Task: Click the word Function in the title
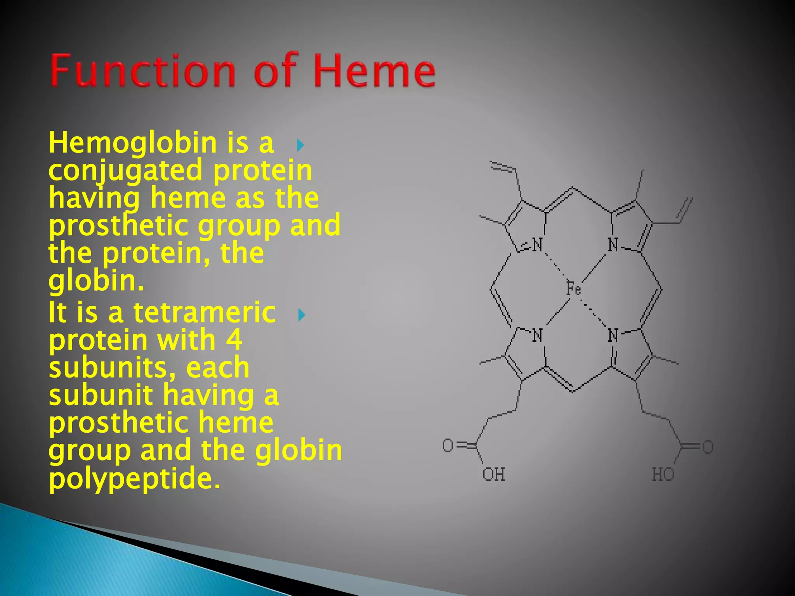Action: tap(143, 71)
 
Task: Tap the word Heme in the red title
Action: tap(374, 71)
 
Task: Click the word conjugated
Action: tap(126, 171)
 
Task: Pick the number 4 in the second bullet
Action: tap(234, 340)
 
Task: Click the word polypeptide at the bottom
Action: tap(134, 479)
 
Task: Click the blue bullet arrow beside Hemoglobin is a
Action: tap(300, 146)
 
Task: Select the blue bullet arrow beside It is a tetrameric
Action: tap(301, 315)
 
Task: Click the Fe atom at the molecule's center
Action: tap(573, 289)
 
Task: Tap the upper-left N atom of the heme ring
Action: tap(537, 245)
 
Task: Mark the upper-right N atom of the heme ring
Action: tap(613, 245)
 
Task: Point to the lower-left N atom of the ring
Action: tap(537, 335)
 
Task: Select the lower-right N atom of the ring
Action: tap(613, 335)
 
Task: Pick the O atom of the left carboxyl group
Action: tap(448, 445)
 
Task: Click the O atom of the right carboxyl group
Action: tap(708, 447)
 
